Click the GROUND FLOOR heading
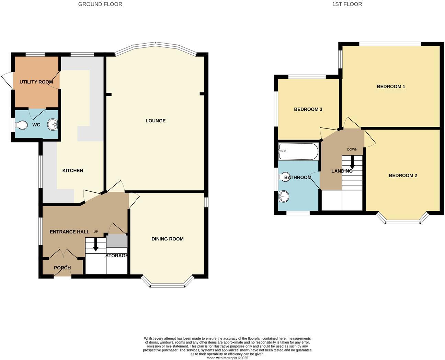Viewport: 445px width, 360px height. pyautogui.click(x=100, y=4)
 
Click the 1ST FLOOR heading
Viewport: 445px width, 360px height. pyautogui.click(x=347, y=4)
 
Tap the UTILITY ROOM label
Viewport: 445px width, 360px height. pyautogui.click(x=36, y=82)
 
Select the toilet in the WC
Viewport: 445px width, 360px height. pyautogui.click(x=22, y=125)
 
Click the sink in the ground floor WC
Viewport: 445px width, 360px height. pyautogui.click(x=53, y=124)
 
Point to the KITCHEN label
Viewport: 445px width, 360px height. pyautogui.click(x=72, y=170)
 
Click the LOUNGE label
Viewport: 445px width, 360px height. pyautogui.click(x=155, y=121)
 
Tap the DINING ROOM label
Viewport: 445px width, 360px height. pyautogui.click(x=167, y=239)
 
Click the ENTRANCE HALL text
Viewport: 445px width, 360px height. pyautogui.click(x=69, y=232)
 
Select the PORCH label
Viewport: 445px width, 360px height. pyautogui.click(x=62, y=268)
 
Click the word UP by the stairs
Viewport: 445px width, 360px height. pyautogui.click(x=96, y=232)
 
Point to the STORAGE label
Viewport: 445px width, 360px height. pyautogui.click(x=117, y=256)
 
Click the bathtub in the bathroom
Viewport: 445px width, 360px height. pyautogui.click(x=298, y=151)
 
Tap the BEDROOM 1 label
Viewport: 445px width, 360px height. pyautogui.click(x=391, y=86)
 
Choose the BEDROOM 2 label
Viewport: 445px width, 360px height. pyautogui.click(x=403, y=175)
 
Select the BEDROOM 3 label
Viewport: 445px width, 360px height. pyautogui.click(x=308, y=109)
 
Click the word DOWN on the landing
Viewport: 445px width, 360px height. pyautogui.click(x=352, y=149)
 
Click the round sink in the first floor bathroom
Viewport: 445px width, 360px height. pyautogui.click(x=284, y=197)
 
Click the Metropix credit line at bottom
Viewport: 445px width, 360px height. pyautogui.click(x=227, y=358)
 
